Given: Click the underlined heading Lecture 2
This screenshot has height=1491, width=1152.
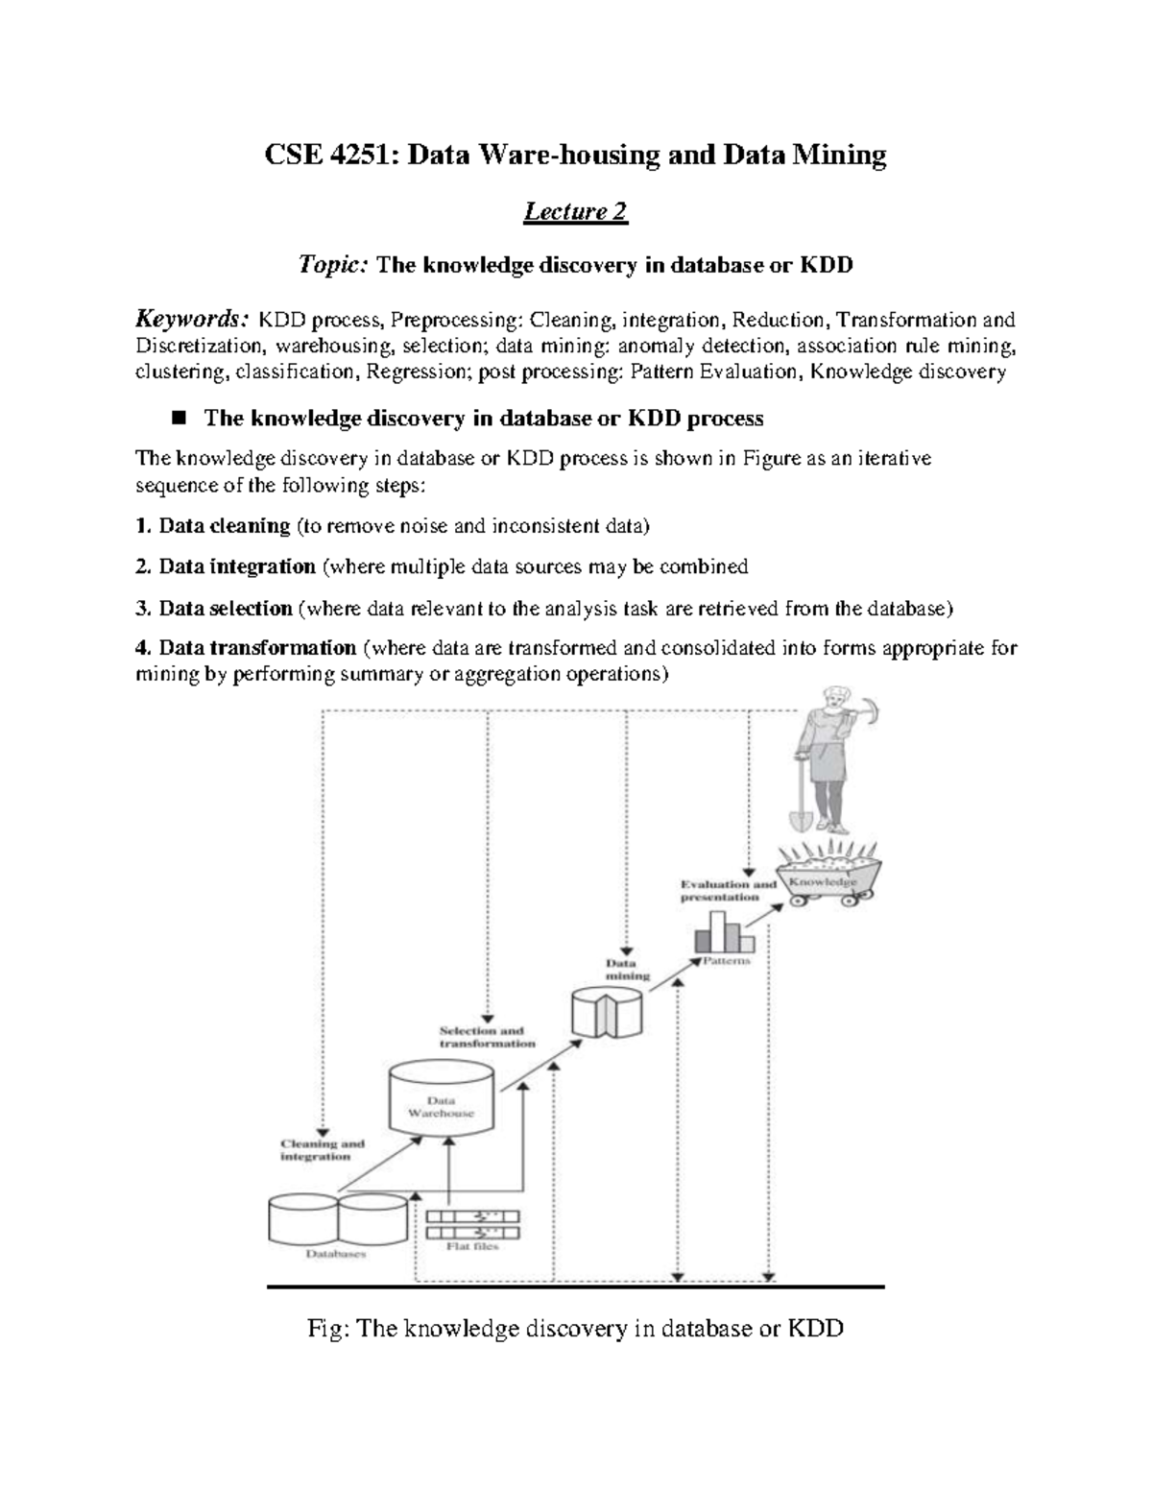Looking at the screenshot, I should click(x=575, y=211).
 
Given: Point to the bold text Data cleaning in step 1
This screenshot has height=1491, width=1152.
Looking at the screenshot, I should click(x=224, y=526).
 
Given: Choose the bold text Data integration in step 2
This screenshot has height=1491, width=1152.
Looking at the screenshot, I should click(x=236, y=566).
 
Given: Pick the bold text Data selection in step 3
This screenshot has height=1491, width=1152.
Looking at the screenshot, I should click(x=225, y=609).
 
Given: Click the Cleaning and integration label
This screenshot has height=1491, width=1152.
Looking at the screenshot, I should click(x=322, y=1150).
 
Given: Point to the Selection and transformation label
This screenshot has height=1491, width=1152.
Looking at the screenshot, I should click(x=487, y=1037).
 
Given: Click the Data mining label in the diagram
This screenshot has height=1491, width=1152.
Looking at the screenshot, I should click(x=625, y=968).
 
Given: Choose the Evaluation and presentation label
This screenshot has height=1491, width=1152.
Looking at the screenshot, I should click(x=728, y=890).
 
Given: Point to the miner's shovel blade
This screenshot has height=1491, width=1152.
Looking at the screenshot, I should click(x=800, y=819).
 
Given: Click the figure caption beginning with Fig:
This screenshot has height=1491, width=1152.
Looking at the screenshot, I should click(x=575, y=1329).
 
